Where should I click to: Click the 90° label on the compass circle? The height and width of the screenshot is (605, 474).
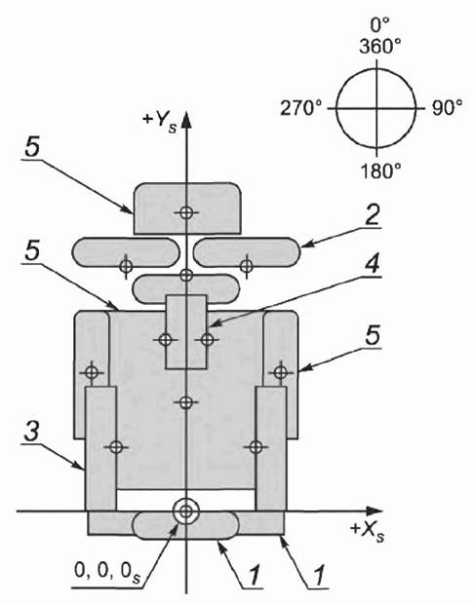[447, 108]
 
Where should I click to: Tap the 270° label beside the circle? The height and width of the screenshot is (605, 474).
[300, 108]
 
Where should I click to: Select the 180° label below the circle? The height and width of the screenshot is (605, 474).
[380, 170]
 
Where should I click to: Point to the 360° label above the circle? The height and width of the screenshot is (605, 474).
[379, 47]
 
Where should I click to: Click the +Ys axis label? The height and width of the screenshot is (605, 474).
[160, 122]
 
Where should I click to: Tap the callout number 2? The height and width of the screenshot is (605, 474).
[372, 215]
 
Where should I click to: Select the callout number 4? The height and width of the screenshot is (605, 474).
[372, 263]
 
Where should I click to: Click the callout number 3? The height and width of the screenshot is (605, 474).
[31, 431]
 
